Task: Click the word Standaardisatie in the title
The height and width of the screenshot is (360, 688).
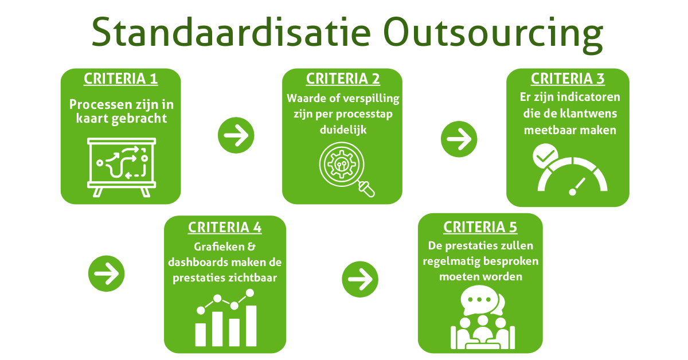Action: (231, 32)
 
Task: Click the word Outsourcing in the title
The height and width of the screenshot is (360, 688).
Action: (493, 35)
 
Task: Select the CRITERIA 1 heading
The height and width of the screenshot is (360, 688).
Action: (121, 79)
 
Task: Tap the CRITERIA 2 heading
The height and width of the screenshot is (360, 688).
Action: (343, 79)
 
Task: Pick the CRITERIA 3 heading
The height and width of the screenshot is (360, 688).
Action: (568, 79)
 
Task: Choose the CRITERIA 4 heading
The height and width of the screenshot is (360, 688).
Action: (225, 228)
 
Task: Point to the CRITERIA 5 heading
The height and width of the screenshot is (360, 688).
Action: (480, 228)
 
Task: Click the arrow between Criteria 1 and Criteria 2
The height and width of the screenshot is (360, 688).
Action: (236, 135)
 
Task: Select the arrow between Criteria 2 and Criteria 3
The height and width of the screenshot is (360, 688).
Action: (459, 139)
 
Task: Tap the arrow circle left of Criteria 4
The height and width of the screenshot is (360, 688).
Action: (106, 273)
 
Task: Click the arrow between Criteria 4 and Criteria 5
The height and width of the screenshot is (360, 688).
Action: (360, 279)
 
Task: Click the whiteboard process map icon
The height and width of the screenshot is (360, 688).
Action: (122, 167)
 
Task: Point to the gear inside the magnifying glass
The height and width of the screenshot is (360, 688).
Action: (342, 165)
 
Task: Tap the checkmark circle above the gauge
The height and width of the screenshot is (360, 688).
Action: (545, 156)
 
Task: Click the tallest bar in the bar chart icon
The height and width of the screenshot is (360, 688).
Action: (251, 326)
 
